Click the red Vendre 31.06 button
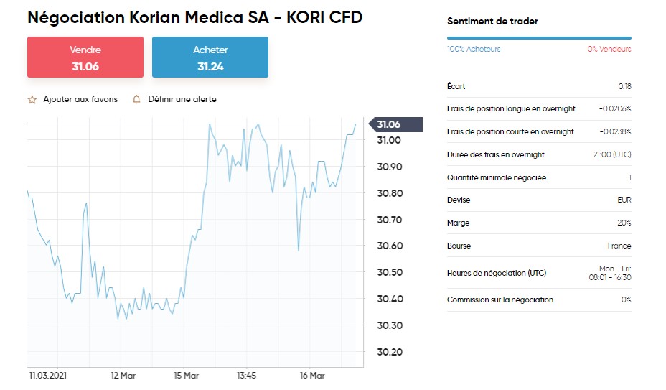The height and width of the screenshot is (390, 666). [x=85, y=57]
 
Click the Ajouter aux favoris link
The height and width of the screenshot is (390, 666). [x=80, y=99]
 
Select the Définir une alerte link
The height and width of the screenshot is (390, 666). [x=182, y=99]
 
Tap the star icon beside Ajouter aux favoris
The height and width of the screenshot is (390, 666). [x=32, y=100]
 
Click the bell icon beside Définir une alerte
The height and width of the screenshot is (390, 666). [x=136, y=100]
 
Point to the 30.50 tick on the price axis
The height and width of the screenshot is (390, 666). [x=390, y=272]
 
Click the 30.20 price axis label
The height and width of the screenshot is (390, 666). [x=390, y=352]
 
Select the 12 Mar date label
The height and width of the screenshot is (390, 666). [x=123, y=376]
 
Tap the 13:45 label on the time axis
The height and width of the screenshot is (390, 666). [x=246, y=376]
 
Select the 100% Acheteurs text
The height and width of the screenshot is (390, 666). [x=474, y=49]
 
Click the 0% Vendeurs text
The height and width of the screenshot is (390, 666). [x=609, y=49]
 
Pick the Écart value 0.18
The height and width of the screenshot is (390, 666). [x=624, y=86]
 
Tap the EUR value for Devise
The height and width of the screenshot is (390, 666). [x=624, y=200]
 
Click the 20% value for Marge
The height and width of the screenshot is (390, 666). [x=624, y=223]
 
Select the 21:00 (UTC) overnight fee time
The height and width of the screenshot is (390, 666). [x=612, y=154]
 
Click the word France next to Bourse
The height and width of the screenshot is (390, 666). [x=619, y=246]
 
